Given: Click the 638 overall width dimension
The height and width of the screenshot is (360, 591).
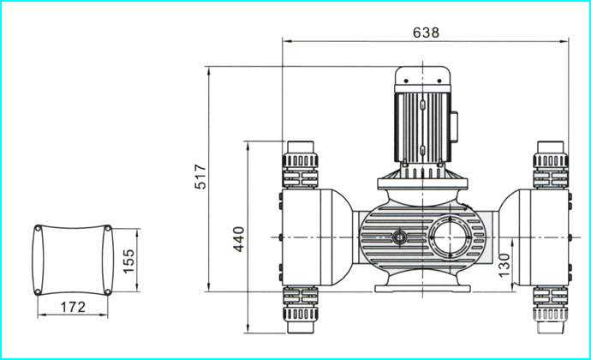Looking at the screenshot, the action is tap(426, 33).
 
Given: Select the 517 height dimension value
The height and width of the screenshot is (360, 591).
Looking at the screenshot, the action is tap(200, 177).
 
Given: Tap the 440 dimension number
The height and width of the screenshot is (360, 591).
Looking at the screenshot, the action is tap(239, 239).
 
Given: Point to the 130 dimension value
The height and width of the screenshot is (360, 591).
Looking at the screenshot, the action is tap(504, 265).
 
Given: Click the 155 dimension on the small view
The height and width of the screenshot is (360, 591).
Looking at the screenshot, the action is tap(128, 261).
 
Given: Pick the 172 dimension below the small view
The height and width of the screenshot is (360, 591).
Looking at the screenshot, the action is tap(73, 307).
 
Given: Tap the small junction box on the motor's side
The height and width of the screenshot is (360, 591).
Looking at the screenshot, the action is tap(454, 127).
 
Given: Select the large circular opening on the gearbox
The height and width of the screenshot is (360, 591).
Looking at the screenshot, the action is tap(450, 237).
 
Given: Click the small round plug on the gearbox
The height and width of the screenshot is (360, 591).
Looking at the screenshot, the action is tap(399, 237).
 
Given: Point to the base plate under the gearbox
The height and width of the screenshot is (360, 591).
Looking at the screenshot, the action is tap(422, 289).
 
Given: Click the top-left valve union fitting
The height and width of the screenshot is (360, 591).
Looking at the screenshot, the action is tap(301, 165).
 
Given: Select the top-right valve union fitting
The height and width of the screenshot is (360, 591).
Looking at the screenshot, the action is tap(551, 165).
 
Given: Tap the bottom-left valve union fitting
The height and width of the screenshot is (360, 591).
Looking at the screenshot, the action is tap(301, 309).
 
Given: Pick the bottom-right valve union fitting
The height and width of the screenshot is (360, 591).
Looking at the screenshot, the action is tap(551, 309).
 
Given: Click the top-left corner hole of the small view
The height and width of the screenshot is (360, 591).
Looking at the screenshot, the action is tap(38, 228).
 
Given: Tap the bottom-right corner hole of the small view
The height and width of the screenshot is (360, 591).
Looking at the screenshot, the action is tap(108, 291).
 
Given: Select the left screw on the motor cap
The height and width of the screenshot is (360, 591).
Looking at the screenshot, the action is tap(406, 81).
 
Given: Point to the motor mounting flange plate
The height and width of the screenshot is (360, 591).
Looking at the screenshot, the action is tap(422, 183).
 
